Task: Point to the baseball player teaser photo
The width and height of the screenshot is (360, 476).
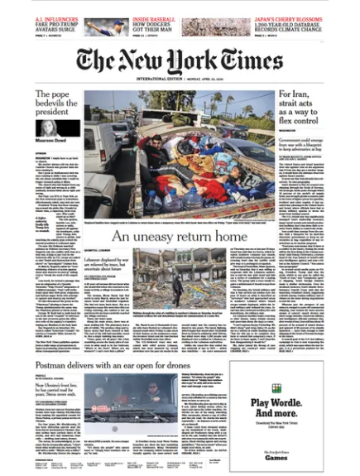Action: pos(107,28)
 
